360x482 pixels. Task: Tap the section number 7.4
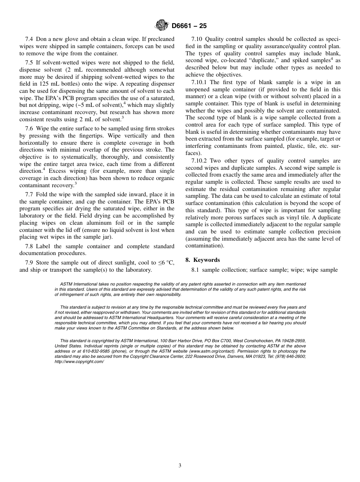[29, 39]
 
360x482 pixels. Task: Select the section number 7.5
[29, 63]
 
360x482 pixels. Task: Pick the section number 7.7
[29, 194]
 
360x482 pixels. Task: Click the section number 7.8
[29, 246]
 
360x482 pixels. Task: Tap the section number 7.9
[29, 263]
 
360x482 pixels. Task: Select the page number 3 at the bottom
[180, 466]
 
